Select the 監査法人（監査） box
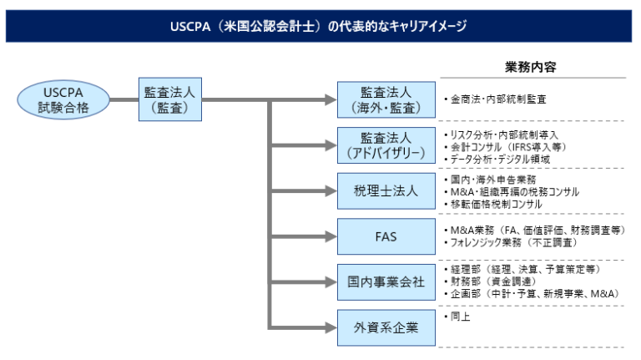pyautogui.click(x=170, y=99)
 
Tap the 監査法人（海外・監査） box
pyautogui.click(x=386, y=99)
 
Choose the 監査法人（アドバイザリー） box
pyautogui.click(x=386, y=145)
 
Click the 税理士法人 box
pyautogui.click(x=386, y=191)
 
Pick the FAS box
pyautogui.click(x=386, y=236)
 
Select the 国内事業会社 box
pyautogui.click(x=386, y=282)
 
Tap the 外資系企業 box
pyautogui.click(x=386, y=327)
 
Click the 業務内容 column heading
pyautogui.click(x=530, y=66)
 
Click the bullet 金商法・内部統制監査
pyautogui.click(x=497, y=99)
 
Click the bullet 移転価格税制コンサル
pyautogui.click(x=496, y=204)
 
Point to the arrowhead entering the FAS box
pyautogui.click(x=329, y=236)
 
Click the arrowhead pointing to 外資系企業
pyautogui.click(x=329, y=327)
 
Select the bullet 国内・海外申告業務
pyautogui.click(x=492, y=180)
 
